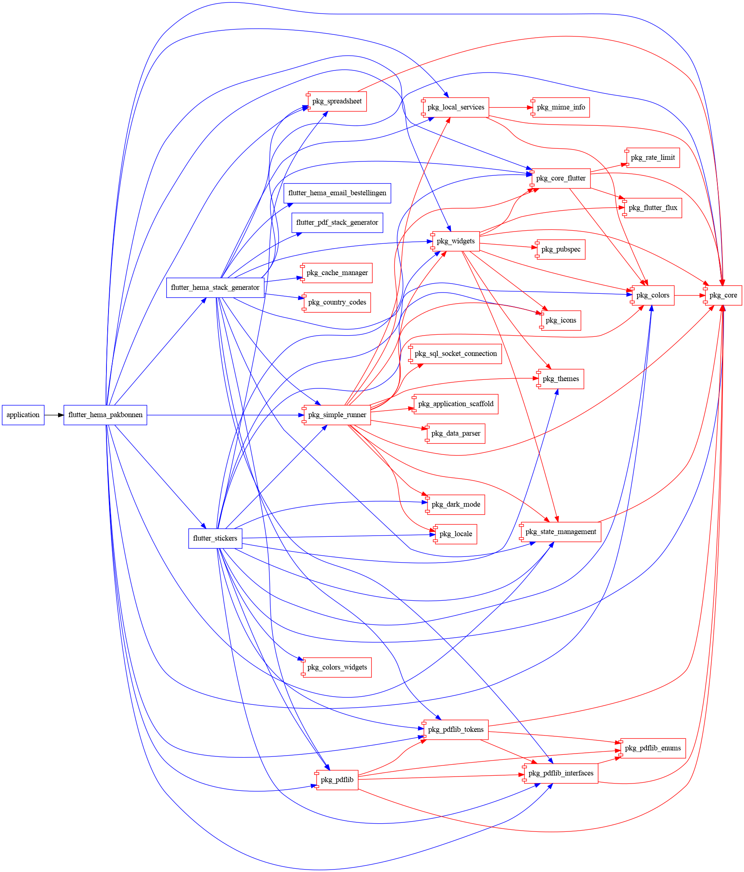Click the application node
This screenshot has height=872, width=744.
[x=23, y=415]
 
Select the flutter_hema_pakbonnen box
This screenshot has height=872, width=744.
[x=105, y=415]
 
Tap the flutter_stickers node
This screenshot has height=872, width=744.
[x=215, y=538]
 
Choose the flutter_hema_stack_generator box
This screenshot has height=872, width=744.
[x=215, y=287]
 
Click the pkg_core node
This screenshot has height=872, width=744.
[x=723, y=295]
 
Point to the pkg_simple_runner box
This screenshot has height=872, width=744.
[x=337, y=415]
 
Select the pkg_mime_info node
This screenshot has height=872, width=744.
[x=561, y=107]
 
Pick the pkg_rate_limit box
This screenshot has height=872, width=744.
[x=653, y=158]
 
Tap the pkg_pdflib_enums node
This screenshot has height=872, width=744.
[x=653, y=748]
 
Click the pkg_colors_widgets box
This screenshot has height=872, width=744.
[x=337, y=668]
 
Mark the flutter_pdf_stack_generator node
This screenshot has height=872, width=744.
[x=337, y=223]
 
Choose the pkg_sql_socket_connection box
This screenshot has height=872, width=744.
[x=455, y=354]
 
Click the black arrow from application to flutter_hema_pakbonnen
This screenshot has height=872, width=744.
[x=54, y=415]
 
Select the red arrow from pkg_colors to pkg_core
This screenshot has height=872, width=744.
[x=690, y=295]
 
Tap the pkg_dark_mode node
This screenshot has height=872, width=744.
[x=455, y=504]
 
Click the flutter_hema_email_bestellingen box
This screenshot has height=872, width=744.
[x=337, y=193]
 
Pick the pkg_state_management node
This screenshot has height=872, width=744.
[x=561, y=532]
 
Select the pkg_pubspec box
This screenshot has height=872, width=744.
[x=561, y=250]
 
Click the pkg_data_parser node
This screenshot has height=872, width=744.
[x=455, y=434]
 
